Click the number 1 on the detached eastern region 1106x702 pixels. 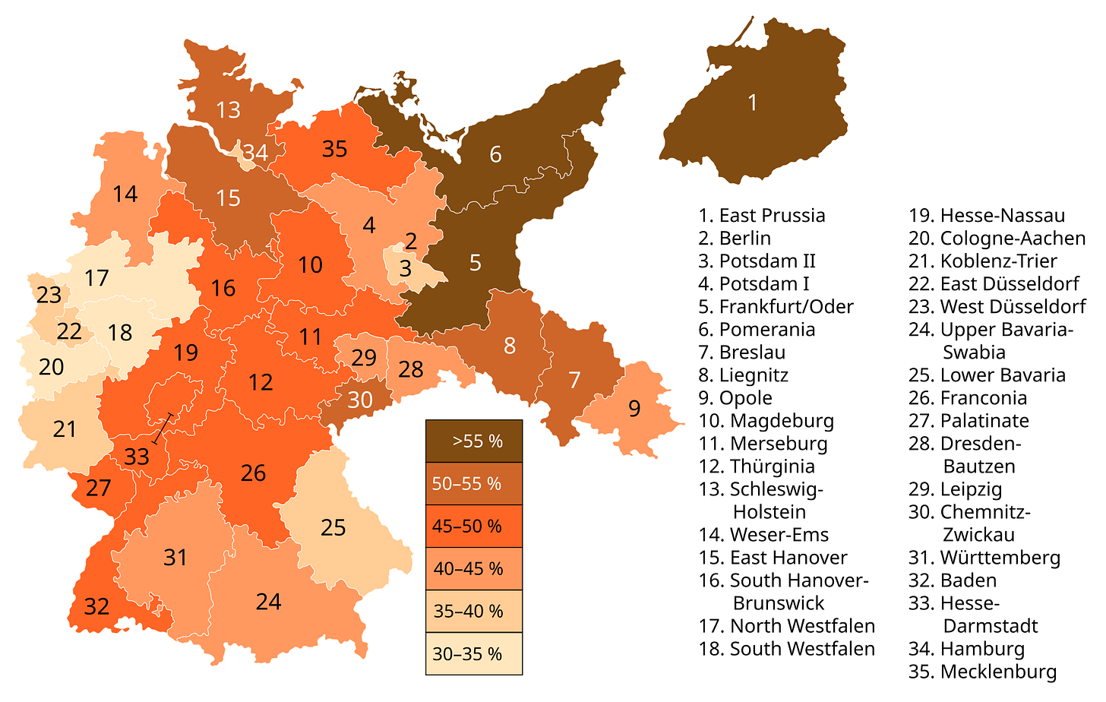pyautogui.click(x=752, y=103)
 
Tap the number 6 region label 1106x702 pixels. pyautogui.click(x=495, y=154)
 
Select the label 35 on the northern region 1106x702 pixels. pyautogui.click(x=334, y=149)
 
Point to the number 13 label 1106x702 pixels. pyautogui.click(x=228, y=110)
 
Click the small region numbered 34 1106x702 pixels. pyautogui.click(x=255, y=153)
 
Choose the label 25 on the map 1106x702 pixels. pyautogui.click(x=333, y=526)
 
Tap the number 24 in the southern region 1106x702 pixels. pyautogui.click(x=268, y=602)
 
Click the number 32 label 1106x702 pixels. pyautogui.click(x=96, y=606)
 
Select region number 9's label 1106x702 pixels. pyautogui.click(x=634, y=409)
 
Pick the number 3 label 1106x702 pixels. pyautogui.click(x=405, y=268)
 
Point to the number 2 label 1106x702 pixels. pyautogui.click(x=411, y=242)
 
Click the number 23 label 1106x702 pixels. pyautogui.click(x=49, y=295)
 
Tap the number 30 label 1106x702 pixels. pyautogui.click(x=360, y=399)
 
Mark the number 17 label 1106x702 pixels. pyautogui.click(x=96, y=278)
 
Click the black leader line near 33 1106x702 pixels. pyautogui.click(x=163, y=428)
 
